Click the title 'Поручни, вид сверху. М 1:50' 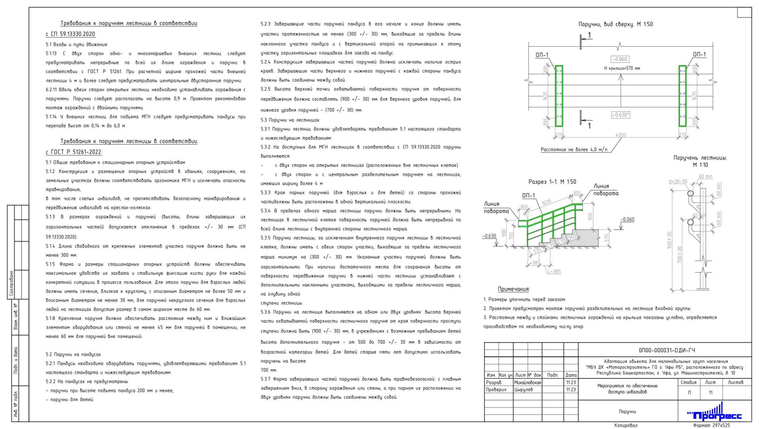(x=616, y=24)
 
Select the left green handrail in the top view (x=559, y=96)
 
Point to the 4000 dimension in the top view (x=621, y=135)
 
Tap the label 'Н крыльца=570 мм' (x=622, y=68)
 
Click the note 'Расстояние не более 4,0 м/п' (x=574, y=150)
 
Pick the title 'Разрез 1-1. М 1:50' (x=552, y=182)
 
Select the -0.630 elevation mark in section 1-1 (x=489, y=236)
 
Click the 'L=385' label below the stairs (x=554, y=271)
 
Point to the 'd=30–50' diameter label (x=678, y=182)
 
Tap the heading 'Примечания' (x=514, y=289)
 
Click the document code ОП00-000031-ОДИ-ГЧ (x=666, y=350)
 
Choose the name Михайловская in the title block (x=527, y=382)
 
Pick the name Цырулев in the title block (x=523, y=389)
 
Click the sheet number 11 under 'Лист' (x=710, y=393)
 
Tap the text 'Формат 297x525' (x=711, y=425)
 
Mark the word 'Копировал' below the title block (x=626, y=425)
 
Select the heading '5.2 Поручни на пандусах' (x=73, y=355)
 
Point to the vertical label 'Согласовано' (x=11, y=283)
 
